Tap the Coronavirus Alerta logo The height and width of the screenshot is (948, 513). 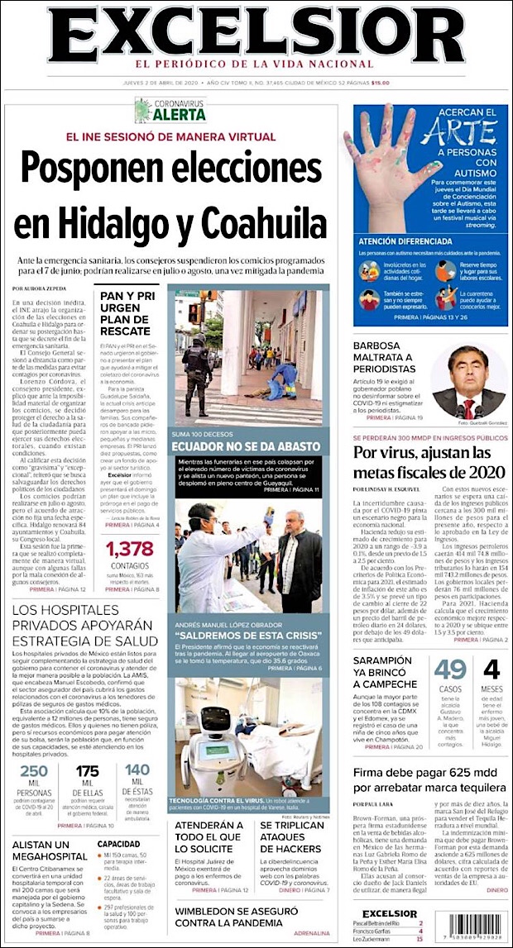click(170, 109)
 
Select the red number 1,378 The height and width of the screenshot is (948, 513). click(130, 549)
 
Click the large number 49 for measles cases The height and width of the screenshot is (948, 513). click(451, 669)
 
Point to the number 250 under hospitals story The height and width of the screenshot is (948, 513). click(34, 772)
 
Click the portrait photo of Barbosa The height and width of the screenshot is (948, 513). click(468, 382)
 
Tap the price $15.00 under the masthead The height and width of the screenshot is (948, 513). click(380, 82)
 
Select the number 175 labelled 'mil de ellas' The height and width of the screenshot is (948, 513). click(87, 772)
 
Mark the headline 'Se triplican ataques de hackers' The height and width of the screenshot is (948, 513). click(291, 843)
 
